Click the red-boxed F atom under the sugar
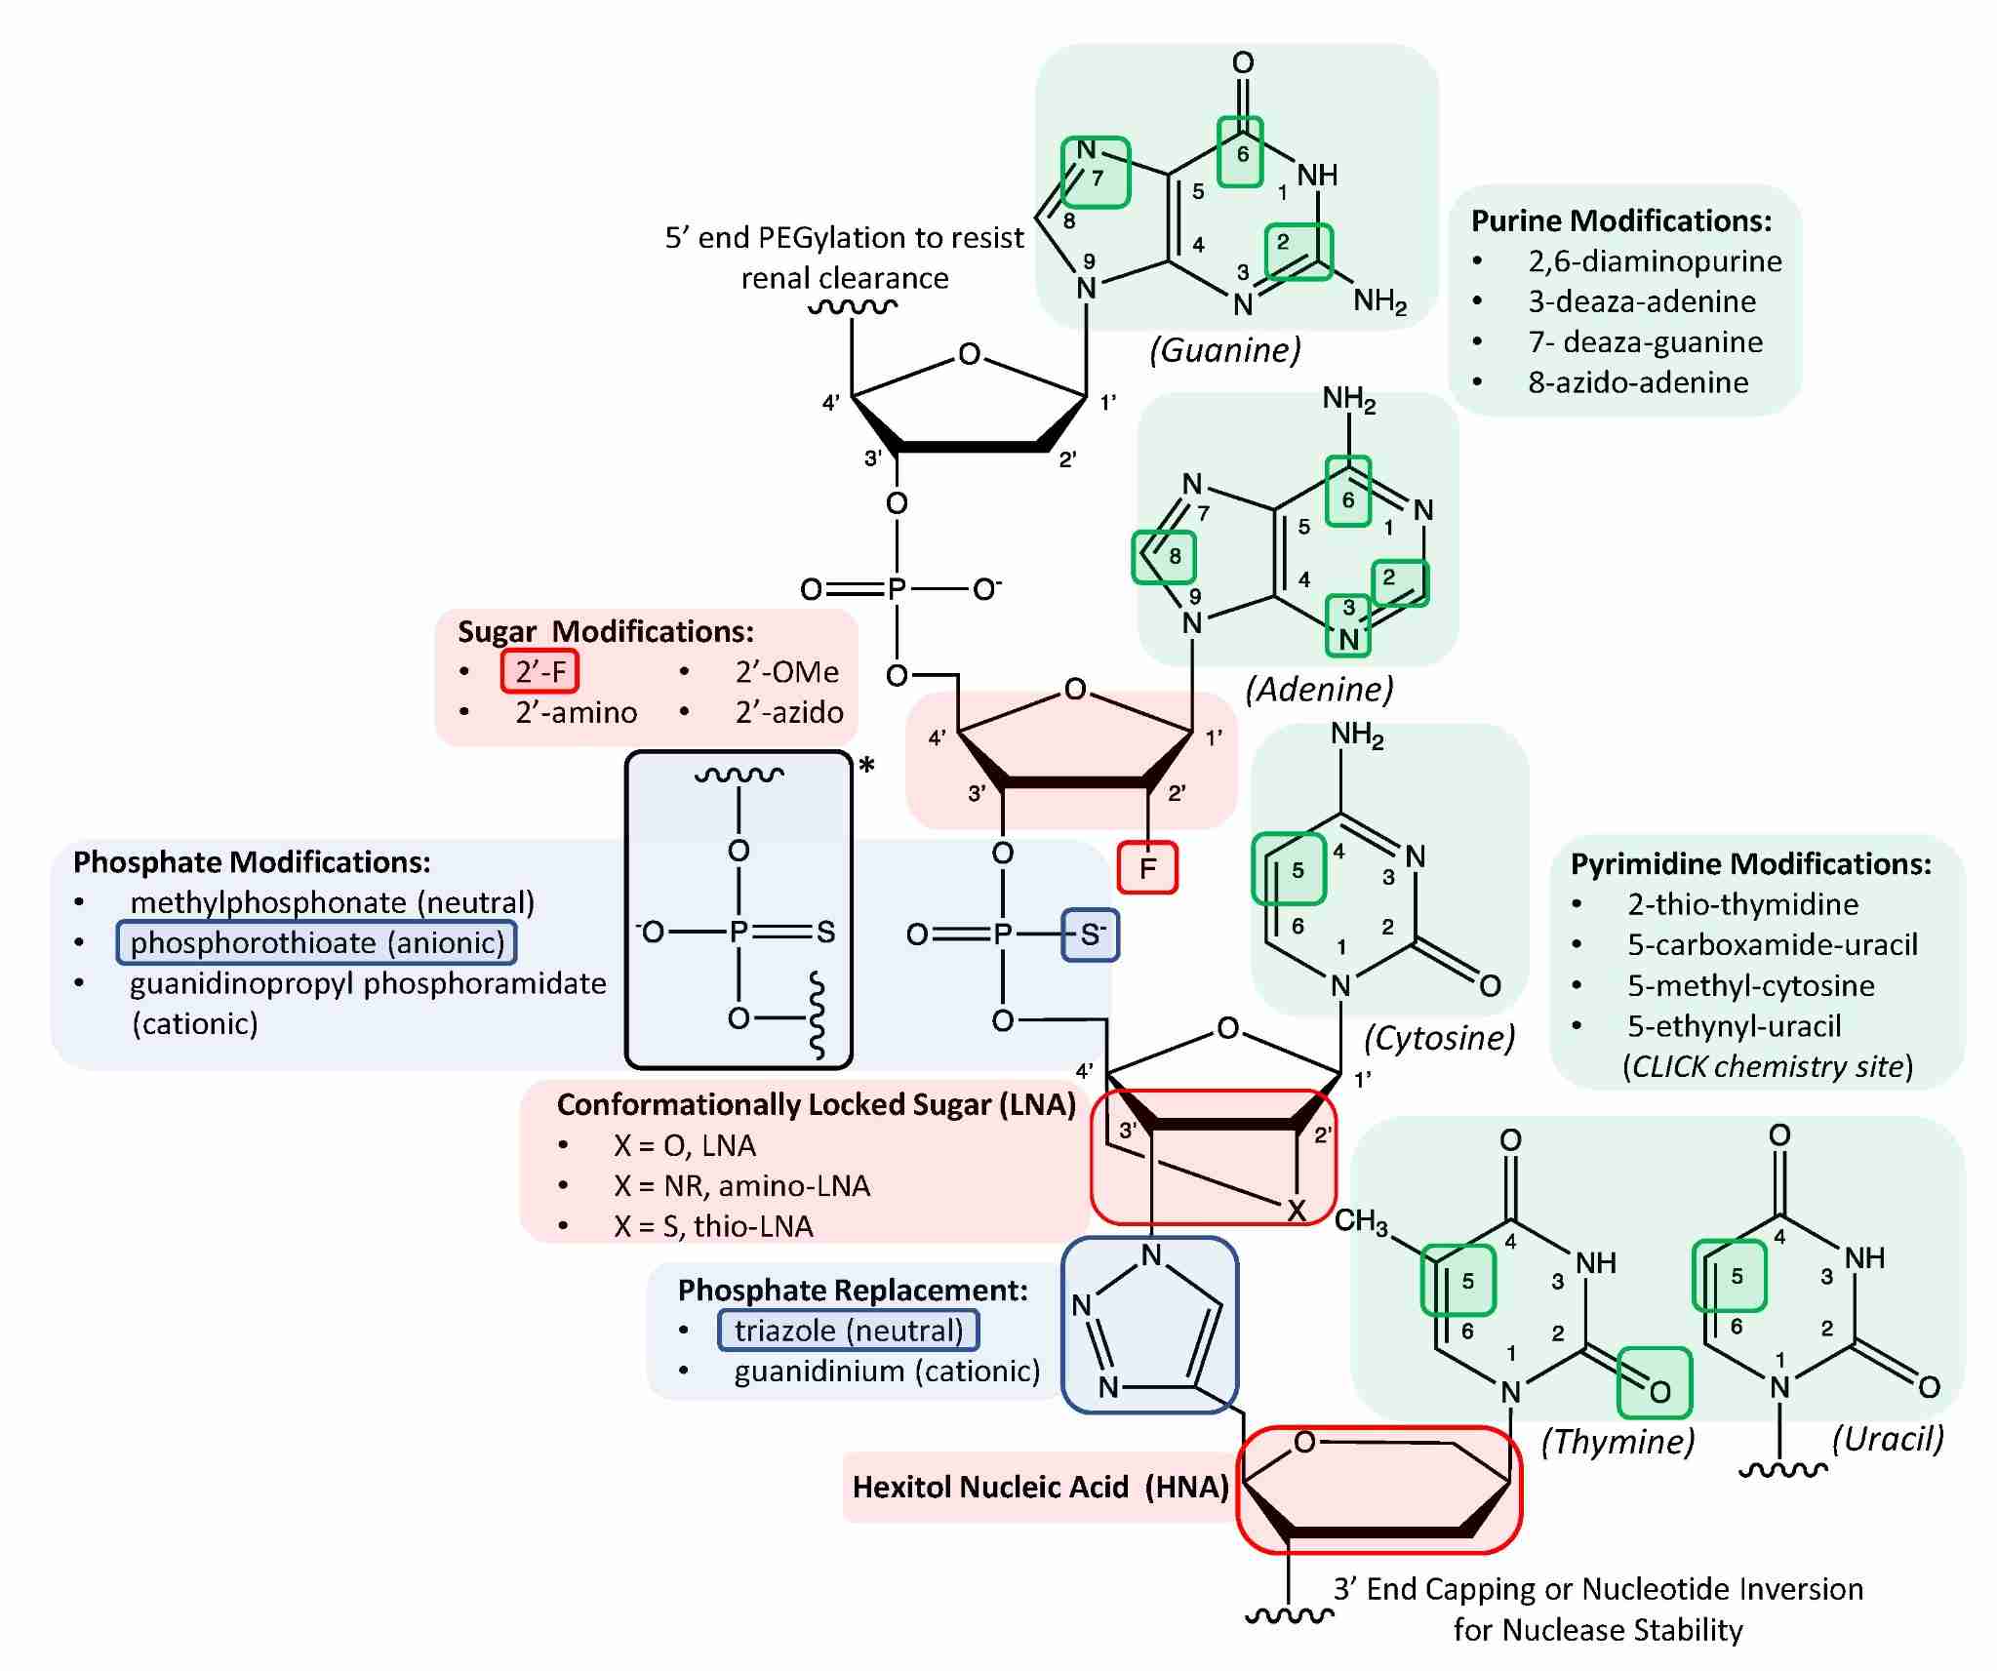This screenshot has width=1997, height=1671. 1147,867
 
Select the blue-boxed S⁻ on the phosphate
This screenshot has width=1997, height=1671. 1090,935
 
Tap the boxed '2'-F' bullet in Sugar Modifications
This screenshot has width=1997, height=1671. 540,671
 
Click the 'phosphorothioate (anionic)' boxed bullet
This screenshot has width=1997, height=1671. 317,942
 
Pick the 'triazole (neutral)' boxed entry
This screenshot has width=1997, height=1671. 848,1331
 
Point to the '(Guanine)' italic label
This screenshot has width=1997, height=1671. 1224,349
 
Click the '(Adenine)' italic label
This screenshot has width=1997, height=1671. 1319,689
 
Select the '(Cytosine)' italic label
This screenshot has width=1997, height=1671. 1439,1037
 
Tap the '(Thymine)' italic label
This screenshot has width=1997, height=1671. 1618,1441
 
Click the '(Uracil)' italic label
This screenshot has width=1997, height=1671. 1888,1438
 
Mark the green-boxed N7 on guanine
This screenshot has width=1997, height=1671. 1095,171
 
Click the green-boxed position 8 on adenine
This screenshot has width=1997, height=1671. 1163,556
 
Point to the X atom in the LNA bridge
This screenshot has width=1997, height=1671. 1296,1211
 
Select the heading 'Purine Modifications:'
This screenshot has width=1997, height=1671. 1620,220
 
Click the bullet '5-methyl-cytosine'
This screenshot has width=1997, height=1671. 1750,985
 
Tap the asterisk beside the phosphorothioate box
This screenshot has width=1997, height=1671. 866,767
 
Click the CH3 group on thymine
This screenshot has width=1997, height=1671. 1360,1221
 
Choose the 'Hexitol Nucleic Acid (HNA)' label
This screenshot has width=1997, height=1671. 1040,1487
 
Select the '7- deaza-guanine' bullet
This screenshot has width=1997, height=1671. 1645,341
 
